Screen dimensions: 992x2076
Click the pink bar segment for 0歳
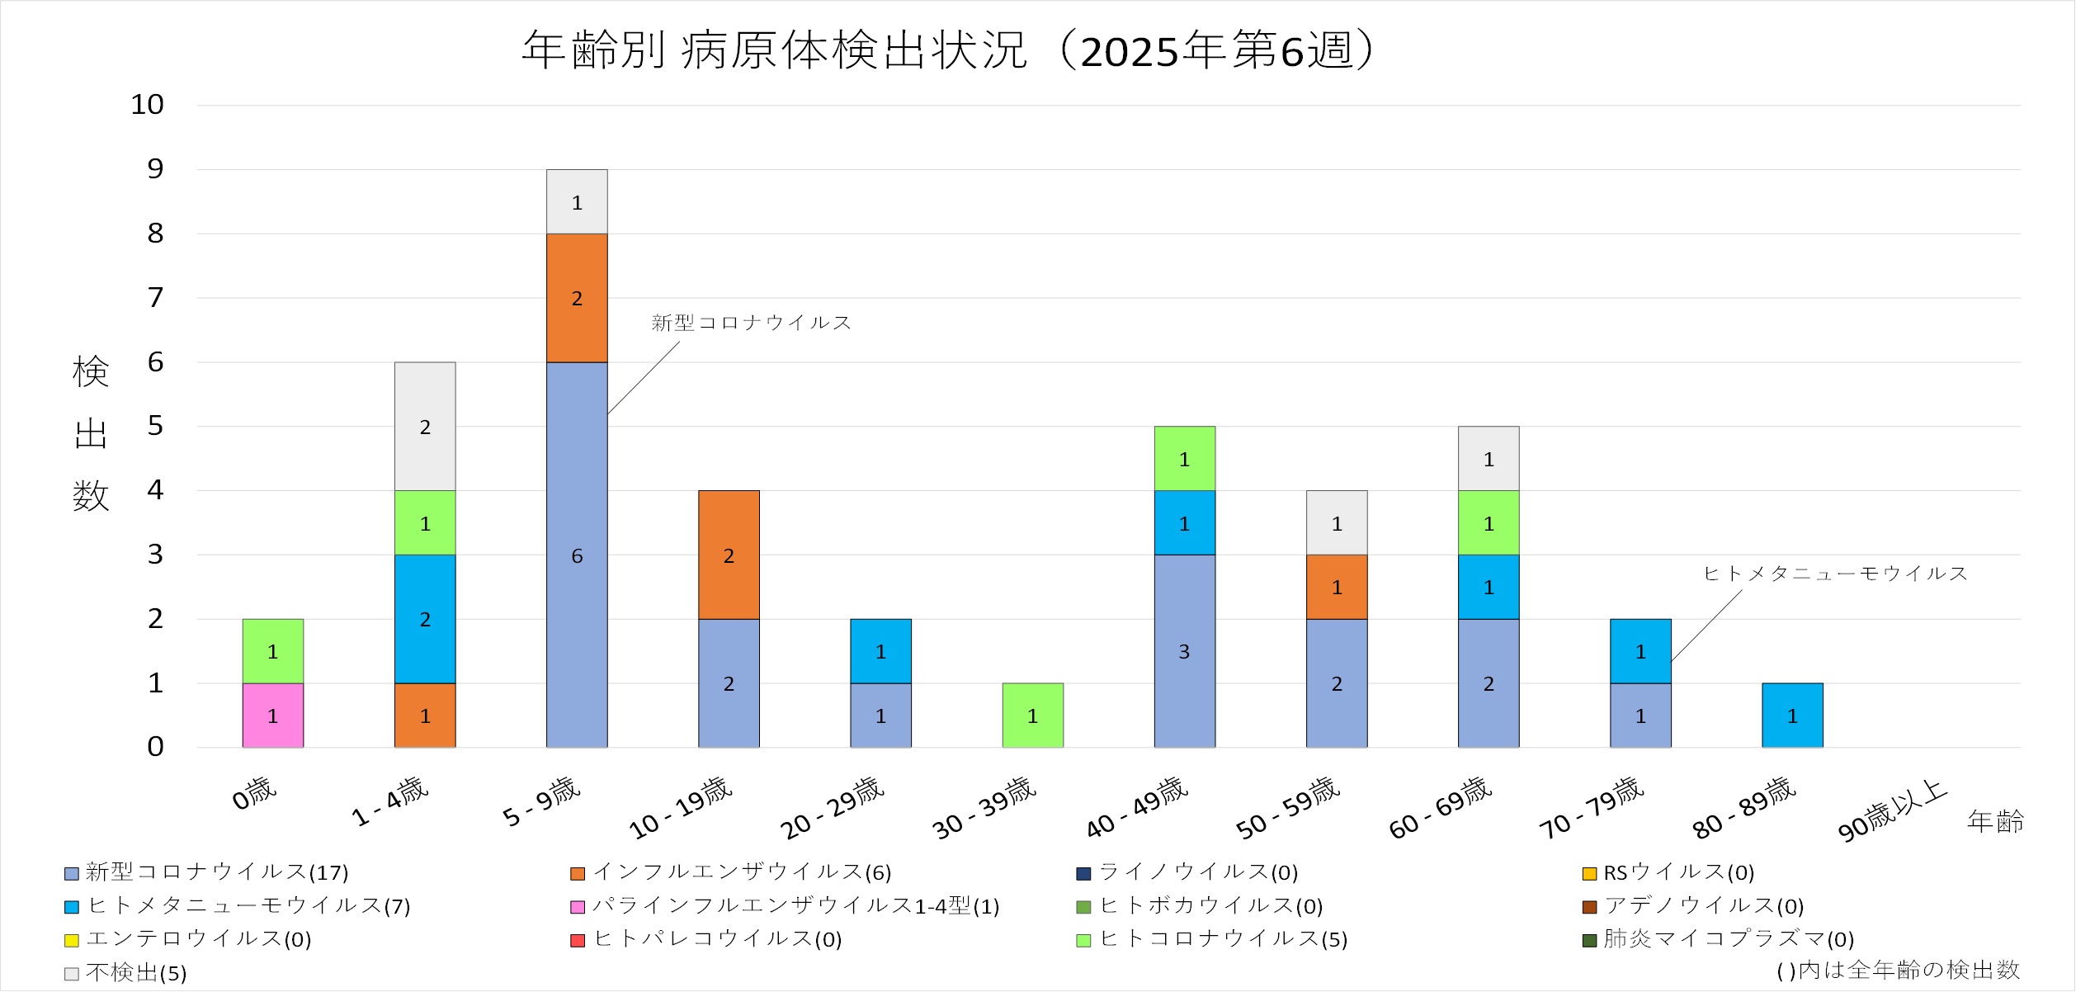coord(272,716)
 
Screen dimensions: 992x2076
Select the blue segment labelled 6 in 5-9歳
coord(577,555)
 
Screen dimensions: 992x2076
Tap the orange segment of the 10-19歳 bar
coord(729,555)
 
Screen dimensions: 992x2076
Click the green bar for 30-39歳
coord(1032,716)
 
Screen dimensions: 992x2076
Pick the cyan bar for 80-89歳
coord(1792,716)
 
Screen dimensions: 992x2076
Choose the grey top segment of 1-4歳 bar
coord(425,427)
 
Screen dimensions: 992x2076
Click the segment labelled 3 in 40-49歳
coord(1184,651)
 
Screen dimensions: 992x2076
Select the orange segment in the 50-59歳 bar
coord(1337,587)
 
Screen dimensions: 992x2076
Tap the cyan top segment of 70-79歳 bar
coord(1640,651)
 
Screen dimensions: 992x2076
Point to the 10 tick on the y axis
coord(148,105)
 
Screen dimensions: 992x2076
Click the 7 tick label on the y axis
coord(155,298)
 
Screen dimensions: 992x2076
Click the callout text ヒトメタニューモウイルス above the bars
coord(1835,574)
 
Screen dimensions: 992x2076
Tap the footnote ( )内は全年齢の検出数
coord(1898,970)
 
